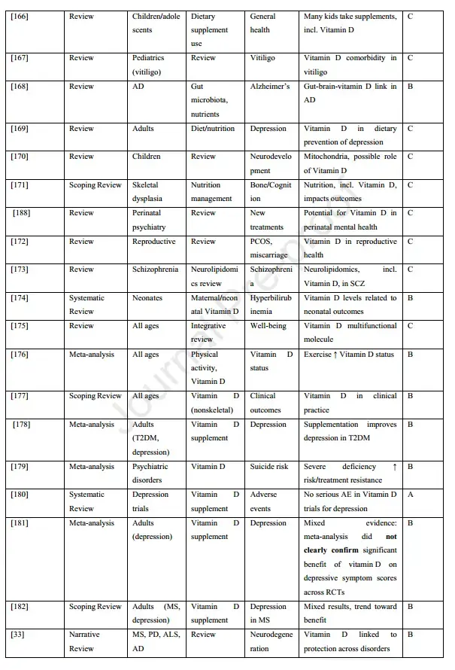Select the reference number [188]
23,213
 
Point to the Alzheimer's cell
269,87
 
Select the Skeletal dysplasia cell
154,192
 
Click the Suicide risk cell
269,467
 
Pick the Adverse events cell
264,501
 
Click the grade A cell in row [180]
411,495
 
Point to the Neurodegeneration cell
270,641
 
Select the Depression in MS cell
268,614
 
